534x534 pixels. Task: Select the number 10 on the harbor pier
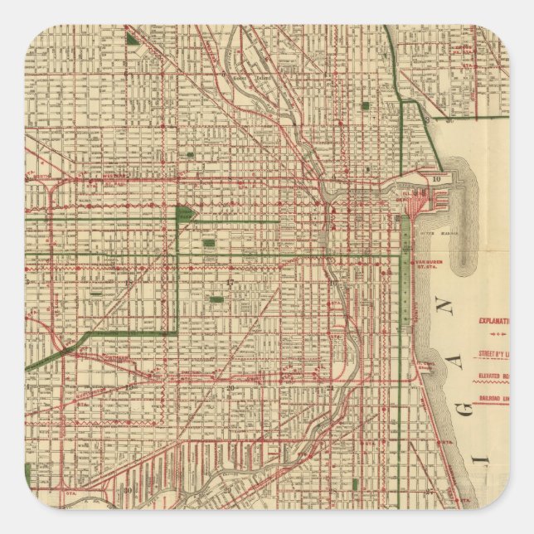pos(436,178)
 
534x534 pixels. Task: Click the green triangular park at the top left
pos(133,36)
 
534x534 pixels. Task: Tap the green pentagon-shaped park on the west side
pos(186,214)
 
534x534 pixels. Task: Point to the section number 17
pos(229,284)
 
